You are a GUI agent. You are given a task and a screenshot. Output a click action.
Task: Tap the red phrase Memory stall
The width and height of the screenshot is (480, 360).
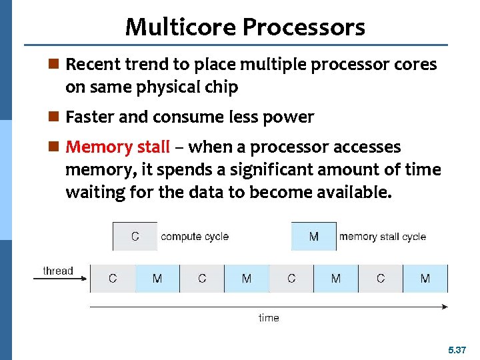pos(118,147)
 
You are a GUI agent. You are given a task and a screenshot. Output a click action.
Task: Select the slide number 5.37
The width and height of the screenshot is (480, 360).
pos(457,349)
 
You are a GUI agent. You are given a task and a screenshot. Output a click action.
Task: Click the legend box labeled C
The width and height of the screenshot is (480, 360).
pos(135,237)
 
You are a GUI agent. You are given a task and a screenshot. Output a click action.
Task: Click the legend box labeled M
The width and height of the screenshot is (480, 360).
pos(313,237)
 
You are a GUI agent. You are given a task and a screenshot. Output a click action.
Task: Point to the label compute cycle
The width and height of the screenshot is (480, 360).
pos(195,237)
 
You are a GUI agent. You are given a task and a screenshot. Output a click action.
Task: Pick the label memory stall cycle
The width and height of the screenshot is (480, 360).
pos(382,237)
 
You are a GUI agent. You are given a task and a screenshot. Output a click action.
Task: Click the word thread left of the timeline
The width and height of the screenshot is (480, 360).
pos(57,271)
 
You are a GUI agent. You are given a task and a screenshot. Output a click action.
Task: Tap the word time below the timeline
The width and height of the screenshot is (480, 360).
pos(269,318)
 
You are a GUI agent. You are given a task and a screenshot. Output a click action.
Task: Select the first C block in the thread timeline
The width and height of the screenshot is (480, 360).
pos(113,278)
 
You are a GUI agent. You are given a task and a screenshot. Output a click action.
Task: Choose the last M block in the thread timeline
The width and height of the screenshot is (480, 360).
pos(425,278)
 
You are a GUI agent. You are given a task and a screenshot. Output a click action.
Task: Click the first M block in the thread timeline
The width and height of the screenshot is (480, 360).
pos(157,278)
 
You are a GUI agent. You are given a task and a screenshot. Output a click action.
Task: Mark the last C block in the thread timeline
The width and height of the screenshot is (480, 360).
pos(380,278)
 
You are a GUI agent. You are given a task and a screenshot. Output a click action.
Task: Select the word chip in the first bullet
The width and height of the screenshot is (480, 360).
pos(222,87)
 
